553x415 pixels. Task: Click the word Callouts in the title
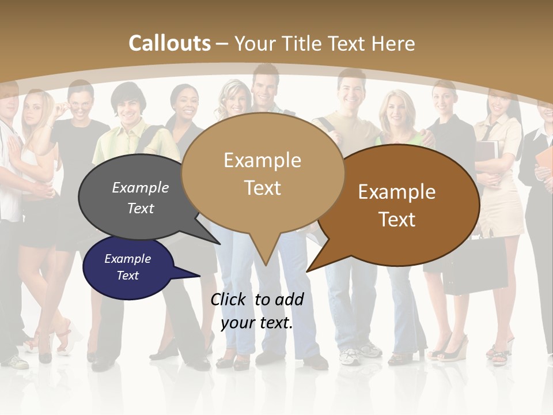(x=169, y=43)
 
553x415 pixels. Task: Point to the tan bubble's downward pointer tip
(x=265, y=265)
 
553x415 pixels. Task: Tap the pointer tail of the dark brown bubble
(x=308, y=270)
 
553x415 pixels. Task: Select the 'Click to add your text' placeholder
(x=257, y=311)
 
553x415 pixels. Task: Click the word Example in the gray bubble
(x=141, y=188)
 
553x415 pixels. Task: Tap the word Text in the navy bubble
(x=128, y=276)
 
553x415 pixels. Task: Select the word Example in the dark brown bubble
(x=397, y=192)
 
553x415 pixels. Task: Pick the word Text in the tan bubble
(x=263, y=188)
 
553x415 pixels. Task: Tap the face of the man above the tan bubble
(x=265, y=86)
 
